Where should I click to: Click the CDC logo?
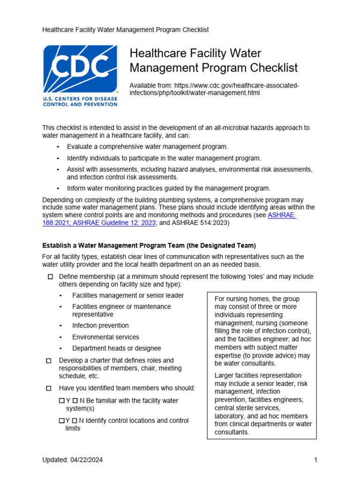click(x=80, y=75)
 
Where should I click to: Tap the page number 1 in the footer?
click(x=315, y=460)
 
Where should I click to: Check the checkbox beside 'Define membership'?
click(x=50, y=277)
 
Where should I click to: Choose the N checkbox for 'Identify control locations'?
click(x=75, y=421)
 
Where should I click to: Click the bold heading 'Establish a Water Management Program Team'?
click(x=149, y=246)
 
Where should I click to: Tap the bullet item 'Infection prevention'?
click(x=100, y=325)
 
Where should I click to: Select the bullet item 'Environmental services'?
click(x=105, y=337)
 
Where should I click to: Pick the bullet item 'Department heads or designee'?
click(x=116, y=348)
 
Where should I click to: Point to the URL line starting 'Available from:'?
click(x=214, y=85)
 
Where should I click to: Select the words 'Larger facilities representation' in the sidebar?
click(x=258, y=375)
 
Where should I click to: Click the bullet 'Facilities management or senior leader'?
click(x=128, y=295)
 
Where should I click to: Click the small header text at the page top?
click(x=126, y=30)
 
